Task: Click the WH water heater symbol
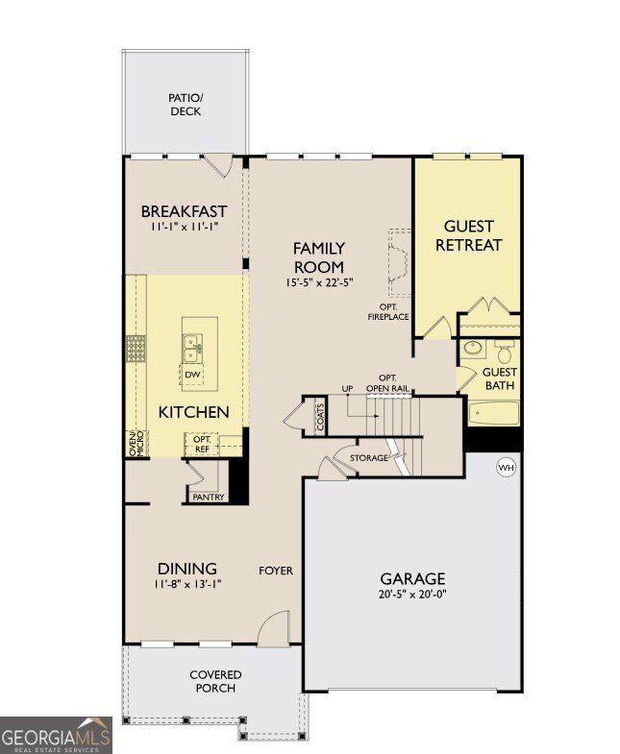coord(506,468)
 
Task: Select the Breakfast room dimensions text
coord(184,228)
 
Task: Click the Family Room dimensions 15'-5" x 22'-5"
coord(318,282)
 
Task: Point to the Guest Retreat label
coord(468,235)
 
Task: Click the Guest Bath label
coord(499,378)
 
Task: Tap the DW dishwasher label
coord(192,375)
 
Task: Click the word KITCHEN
coord(193,412)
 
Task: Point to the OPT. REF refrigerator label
coord(202,444)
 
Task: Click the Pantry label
coord(209,497)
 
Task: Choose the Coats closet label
coord(320,417)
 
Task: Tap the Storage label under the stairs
coord(369,457)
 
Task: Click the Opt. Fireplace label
coord(388,311)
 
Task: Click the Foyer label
coord(276,571)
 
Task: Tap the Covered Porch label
coord(215,681)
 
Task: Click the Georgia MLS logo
coord(56,735)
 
